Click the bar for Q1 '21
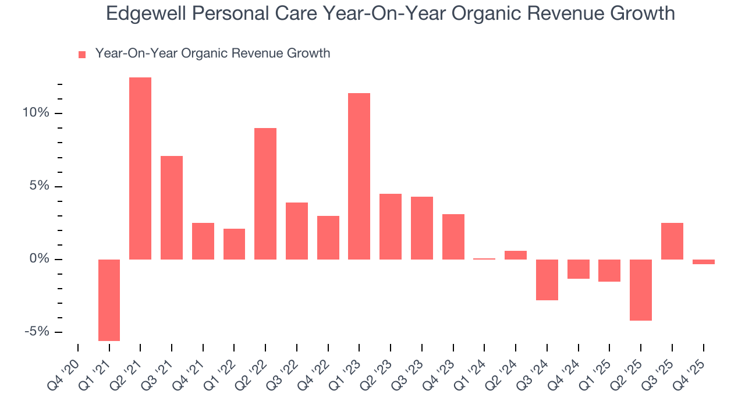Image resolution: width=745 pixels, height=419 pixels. coord(109,300)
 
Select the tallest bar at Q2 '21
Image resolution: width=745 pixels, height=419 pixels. coord(140,168)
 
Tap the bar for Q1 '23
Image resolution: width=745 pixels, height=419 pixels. coord(359,176)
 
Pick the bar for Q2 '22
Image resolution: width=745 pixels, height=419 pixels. coord(265,193)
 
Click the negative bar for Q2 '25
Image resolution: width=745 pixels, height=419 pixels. coord(641,290)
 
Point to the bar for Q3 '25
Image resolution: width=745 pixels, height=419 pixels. coord(672,241)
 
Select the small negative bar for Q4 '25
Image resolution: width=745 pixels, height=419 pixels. coord(703,262)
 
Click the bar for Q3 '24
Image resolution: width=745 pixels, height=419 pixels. coord(547,279)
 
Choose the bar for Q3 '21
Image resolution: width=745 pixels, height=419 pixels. coord(172,207)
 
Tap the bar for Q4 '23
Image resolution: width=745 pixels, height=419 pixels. coord(453,236)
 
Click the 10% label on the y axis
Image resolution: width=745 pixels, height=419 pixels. coord(36,113)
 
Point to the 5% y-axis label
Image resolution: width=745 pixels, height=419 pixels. coord(39,186)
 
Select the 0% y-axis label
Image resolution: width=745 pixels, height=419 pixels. coord(39,259)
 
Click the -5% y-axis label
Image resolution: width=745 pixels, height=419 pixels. coord(37,332)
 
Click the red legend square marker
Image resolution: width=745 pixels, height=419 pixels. coord(82,54)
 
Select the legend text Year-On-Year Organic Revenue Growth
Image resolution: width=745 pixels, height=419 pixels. coord(212,54)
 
